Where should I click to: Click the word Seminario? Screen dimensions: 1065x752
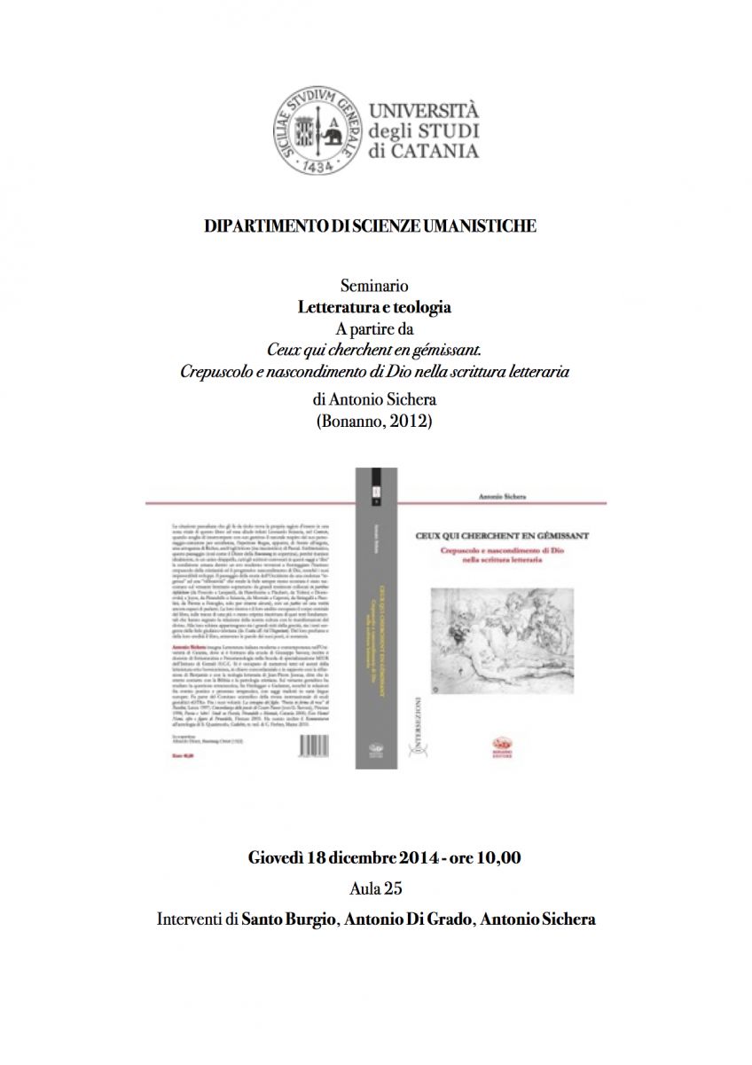tap(374, 287)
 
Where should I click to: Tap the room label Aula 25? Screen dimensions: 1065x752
tap(375, 888)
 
